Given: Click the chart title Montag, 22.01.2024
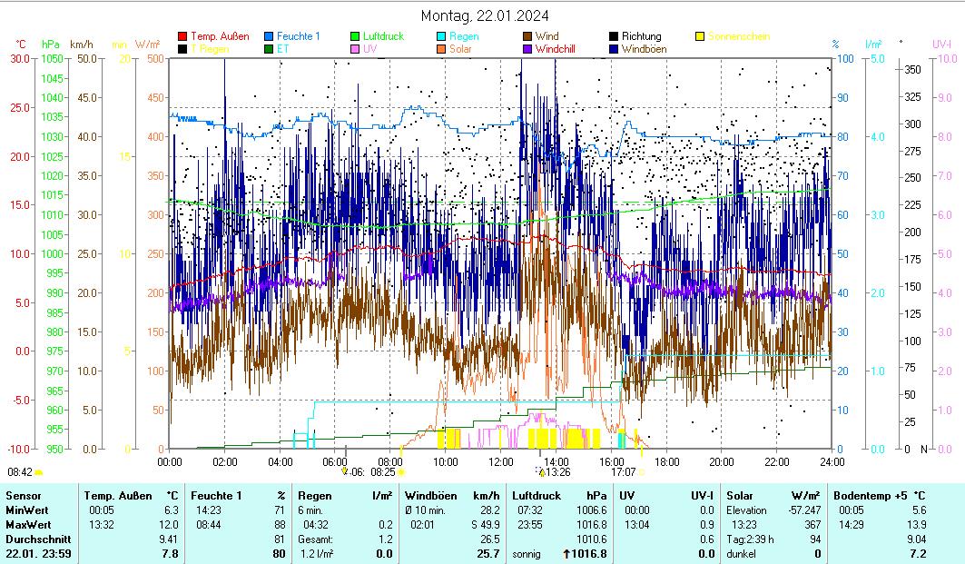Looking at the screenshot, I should [485, 16].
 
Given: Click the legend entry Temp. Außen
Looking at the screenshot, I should [220, 36].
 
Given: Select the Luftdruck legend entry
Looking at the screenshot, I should [384, 36].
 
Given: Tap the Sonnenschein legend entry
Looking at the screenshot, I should [739, 36].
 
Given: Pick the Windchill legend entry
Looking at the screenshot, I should [560, 48].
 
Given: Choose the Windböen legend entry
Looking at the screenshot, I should [646, 48].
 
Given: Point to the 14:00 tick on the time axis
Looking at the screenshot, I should [556, 461].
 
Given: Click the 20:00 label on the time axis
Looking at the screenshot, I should [721, 461].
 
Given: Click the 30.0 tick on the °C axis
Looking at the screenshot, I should [20, 58].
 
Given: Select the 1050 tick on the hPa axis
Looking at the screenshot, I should [52, 58].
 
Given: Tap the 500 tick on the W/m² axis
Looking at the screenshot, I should [154, 58].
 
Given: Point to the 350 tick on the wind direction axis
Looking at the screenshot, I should [913, 69].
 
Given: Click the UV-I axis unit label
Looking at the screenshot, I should [940, 44].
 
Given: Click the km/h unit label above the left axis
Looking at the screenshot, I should [81, 44].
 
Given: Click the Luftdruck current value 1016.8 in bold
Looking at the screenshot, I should [588, 553].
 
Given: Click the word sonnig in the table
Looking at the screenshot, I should [527, 553].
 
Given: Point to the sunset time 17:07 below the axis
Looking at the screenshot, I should [623, 472].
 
